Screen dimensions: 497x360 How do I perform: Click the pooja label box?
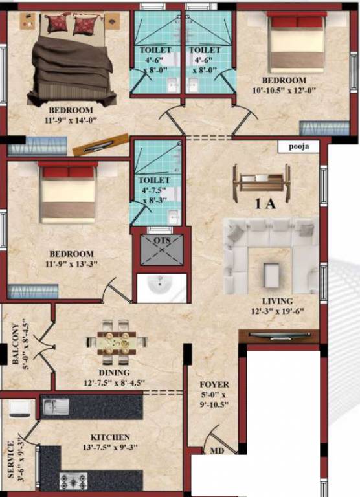pyautogui.click(x=298, y=146)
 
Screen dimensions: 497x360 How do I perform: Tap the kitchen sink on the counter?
pyautogui.click(x=56, y=406)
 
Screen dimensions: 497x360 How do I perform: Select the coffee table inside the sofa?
pyautogui.click(x=271, y=274)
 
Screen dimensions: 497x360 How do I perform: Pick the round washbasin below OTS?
pyautogui.click(x=157, y=287)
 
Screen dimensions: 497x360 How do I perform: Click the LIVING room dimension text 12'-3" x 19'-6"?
pyautogui.click(x=278, y=311)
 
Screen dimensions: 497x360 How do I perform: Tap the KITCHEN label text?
pyautogui.click(x=110, y=437)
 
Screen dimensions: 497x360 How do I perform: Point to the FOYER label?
pyautogui.click(x=214, y=384)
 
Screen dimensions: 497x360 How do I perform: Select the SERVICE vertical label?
pyautogui.click(x=11, y=460)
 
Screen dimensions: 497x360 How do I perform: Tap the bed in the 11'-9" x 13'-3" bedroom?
pyautogui.click(x=67, y=192)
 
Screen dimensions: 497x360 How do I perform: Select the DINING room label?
pyautogui.click(x=114, y=373)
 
